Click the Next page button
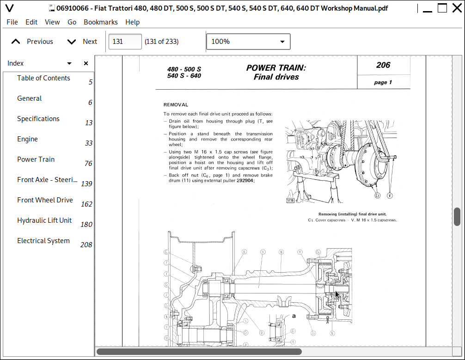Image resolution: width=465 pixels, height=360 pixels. (x=82, y=42)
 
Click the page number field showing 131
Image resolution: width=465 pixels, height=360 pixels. (x=125, y=42)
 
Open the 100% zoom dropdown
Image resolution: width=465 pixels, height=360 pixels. (x=248, y=42)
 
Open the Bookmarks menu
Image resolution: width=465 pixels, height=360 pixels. (x=100, y=22)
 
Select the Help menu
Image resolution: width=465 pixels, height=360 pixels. (x=132, y=22)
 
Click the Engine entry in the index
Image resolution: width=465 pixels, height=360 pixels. (x=28, y=139)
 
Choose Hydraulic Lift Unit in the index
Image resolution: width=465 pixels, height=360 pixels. (x=44, y=220)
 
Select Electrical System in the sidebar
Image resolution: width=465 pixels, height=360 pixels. (x=43, y=241)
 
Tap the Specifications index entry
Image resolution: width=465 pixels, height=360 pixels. (x=38, y=119)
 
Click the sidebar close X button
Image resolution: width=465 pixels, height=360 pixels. (x=86, y=63)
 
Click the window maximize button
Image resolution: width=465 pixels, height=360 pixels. (x=442, y=8)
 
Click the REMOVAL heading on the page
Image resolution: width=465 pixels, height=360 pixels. (x=176, y=105)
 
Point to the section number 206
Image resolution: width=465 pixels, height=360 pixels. (x=383, y=65)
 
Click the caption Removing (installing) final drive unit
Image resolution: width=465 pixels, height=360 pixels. (x=352, y=214)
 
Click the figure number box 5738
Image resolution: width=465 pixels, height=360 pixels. (x=290, y=201)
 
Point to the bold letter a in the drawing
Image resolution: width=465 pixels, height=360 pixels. (x=293, y=316)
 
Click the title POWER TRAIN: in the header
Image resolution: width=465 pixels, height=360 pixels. (x=276, y=68)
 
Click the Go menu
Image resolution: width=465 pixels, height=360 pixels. (x=72, y=22)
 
